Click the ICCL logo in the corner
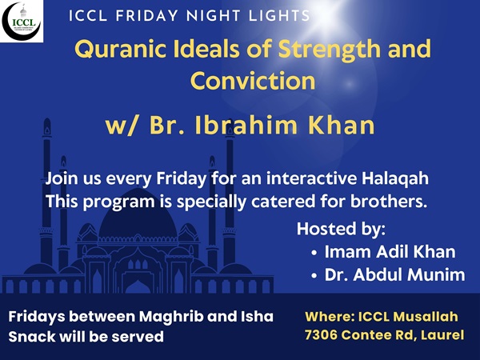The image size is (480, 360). pyautogui.click(x=22, y=21)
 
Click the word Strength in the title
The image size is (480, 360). pyautogui.click(x=329, y=50)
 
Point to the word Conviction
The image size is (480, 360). pyautogui.click(x=253, y=81)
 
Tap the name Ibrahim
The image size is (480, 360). pyautogui.click(x=246, y=126)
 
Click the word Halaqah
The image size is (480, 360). pyautogui.click(x=395, y=179)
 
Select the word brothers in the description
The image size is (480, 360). pyautogui.click(x=389, y=202)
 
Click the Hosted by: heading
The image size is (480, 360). pyautogui.click(x=341, y=229)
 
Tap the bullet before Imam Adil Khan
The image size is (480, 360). pyautogui.click(x=314, y=253)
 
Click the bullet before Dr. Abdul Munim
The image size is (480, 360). pyautogui.click(x=314, y=276)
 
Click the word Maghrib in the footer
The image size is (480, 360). pyautogui.click(x=171, y=317)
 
